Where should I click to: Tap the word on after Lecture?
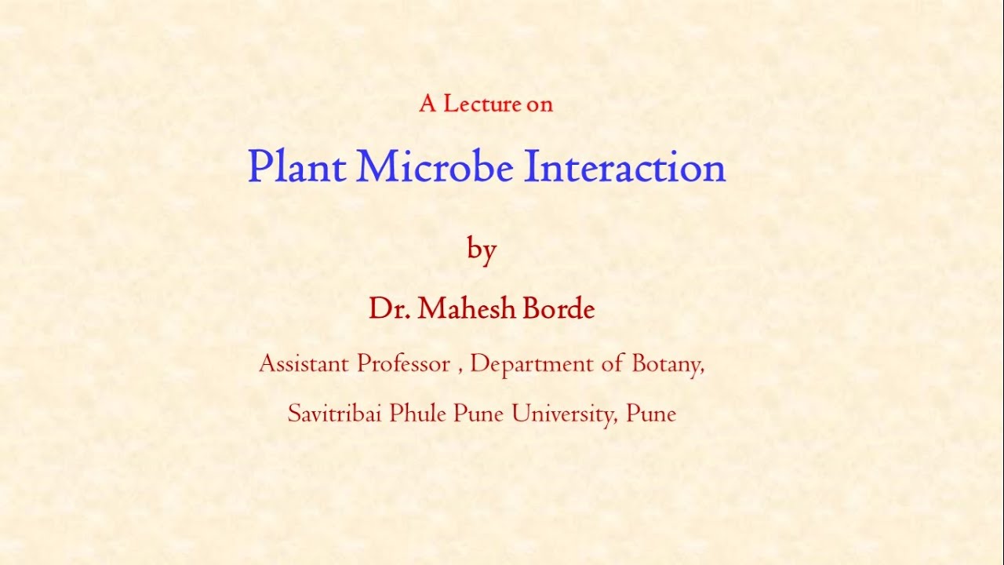[x=540, y=104]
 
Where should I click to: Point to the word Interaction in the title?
[x=624, y=167]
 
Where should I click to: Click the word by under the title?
[x=482, y=250]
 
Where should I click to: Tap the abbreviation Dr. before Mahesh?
[x=390, y=309]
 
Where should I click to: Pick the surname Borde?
[x=558, y=309]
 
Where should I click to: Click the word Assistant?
[x=304, y=364]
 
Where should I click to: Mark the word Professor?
[x=403, y=364]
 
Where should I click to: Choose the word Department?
[x=532, y=364]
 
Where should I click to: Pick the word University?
[x=564, y=414]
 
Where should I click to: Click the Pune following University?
[x=651, y=414]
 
